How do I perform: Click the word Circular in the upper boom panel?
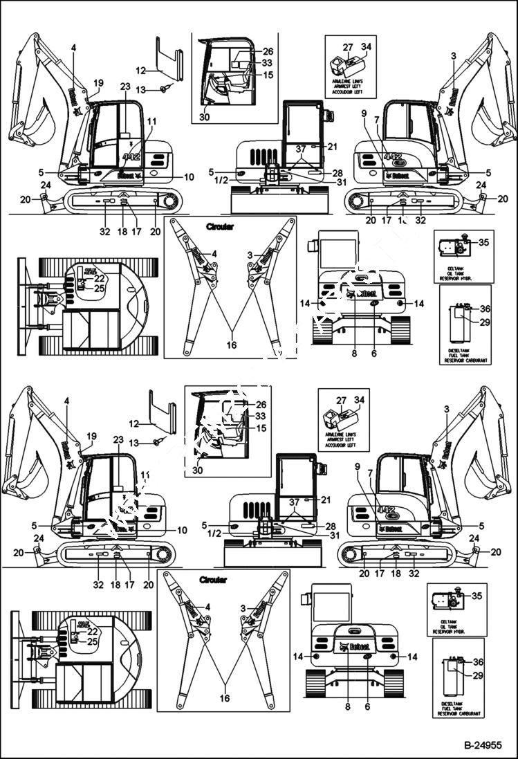[x=220, y=226]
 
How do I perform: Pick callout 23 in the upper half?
[x=124, y=86]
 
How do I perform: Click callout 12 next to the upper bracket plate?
[x=140, y=71]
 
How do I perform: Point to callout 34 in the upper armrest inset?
[x=366, y=46]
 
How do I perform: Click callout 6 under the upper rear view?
[x=373, y=353]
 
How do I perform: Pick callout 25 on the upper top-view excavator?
[x=100, y=288]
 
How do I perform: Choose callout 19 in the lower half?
[x=91, y=436]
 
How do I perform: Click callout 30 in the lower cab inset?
[x=199, y=470]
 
